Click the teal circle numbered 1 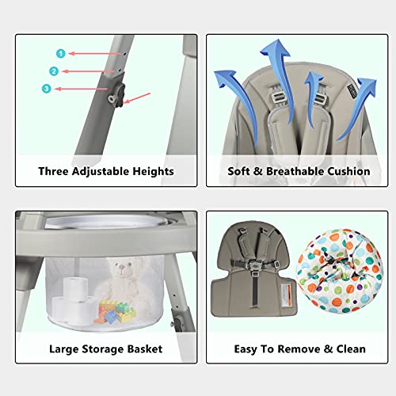(59, 53)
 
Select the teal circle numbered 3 (47, 89)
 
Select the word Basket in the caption (143, 348)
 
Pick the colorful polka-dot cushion (334, 273)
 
